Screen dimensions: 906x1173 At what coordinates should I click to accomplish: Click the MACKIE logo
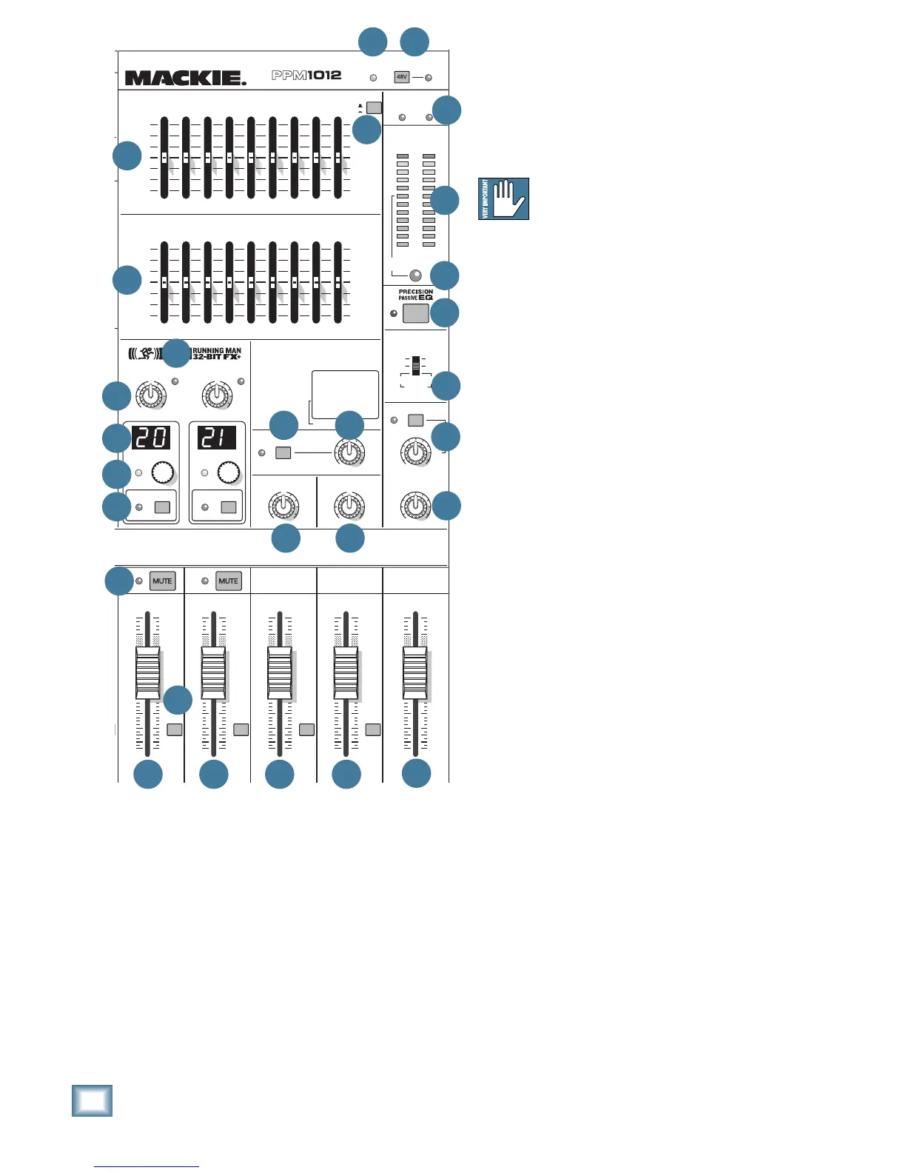point(185,78)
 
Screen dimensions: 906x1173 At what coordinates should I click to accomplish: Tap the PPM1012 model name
point(306,76)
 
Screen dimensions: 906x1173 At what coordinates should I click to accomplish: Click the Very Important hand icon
point(504,198)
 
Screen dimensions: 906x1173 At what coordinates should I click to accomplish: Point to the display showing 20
point(151,438)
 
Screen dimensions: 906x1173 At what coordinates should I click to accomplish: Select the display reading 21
point(217,438)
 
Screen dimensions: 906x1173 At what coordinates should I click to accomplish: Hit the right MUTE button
point(228,581)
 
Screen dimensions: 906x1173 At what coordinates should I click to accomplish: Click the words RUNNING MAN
point(217,351)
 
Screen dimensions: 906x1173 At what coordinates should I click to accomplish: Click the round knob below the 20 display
point(162,472)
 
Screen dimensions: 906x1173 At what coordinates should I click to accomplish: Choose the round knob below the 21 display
point(229,472)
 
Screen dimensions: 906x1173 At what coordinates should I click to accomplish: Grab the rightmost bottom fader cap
point(415,673)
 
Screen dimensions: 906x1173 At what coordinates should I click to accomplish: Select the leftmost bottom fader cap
point(147,673)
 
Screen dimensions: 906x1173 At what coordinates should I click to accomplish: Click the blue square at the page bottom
point(93,1100)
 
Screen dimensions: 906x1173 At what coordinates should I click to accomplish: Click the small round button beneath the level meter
point(416,274)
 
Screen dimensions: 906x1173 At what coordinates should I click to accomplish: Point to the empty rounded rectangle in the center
point(345,395)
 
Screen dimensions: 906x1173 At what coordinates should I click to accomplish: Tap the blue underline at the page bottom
point(147,1167)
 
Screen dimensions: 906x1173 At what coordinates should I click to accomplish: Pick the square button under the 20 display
point(162,507)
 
